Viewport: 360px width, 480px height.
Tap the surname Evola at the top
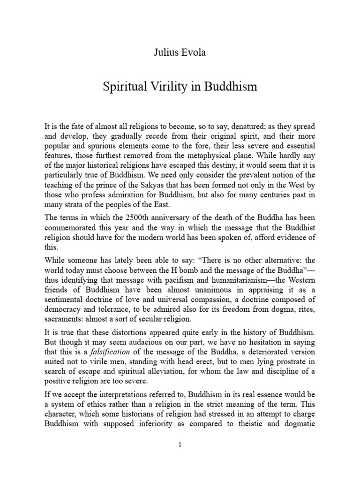click(193, 52)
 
